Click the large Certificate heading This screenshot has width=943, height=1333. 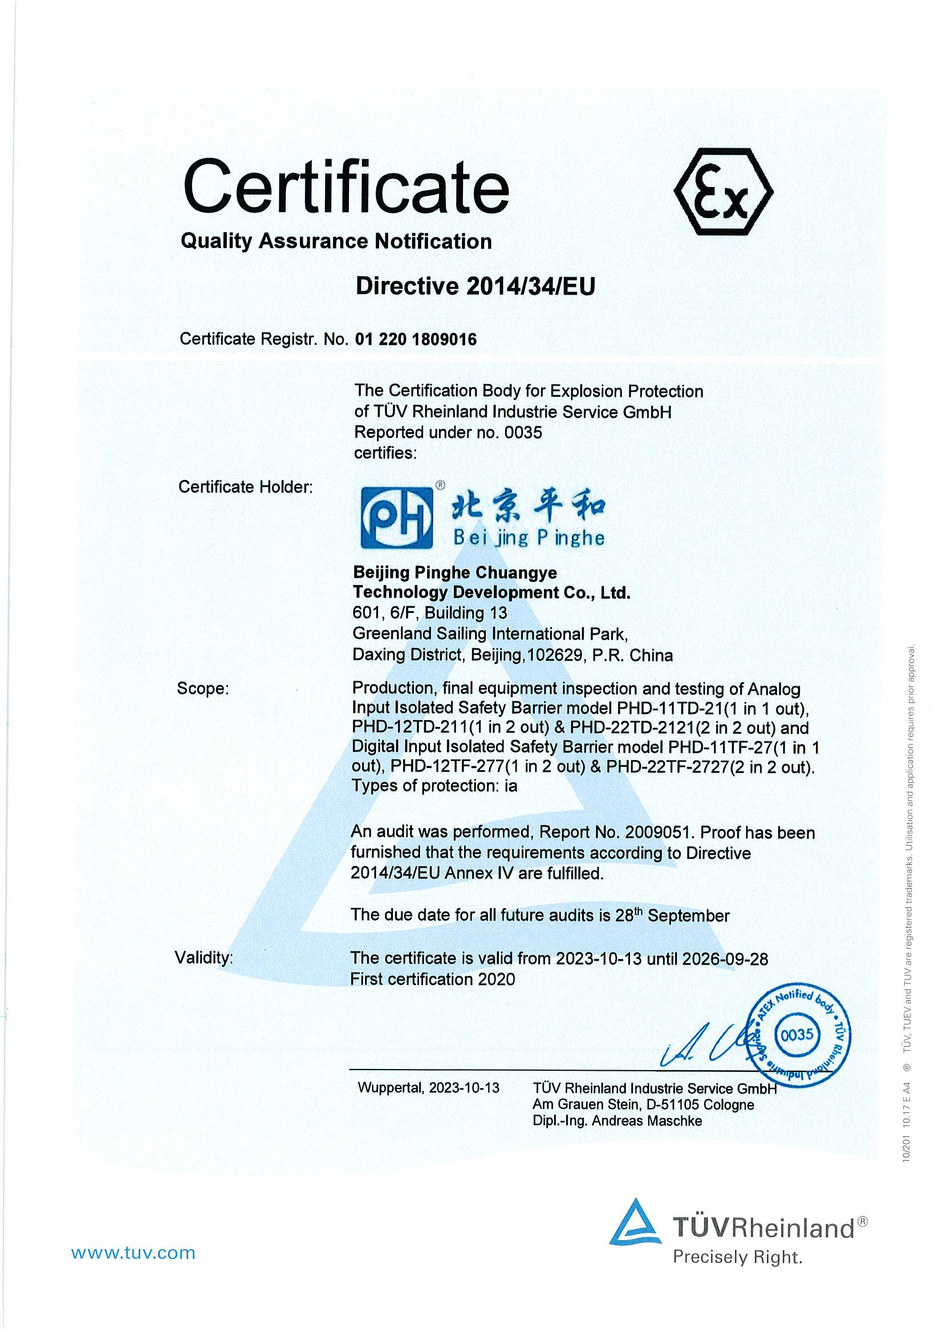click(346, 188)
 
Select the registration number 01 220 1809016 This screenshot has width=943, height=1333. click(416, 339)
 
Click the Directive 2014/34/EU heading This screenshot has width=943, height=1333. click(475, 286)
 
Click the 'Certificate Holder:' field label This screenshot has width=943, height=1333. click(245, 486)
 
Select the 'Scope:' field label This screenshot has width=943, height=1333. click(202, 689)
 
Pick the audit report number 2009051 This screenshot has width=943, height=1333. click(659, 832)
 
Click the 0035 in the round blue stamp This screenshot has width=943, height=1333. click(797, 1034)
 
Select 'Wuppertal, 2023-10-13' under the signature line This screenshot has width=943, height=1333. click(429, 1087)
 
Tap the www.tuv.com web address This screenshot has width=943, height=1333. click(133, 1252)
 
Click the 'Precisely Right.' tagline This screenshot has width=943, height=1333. click(737, 1258)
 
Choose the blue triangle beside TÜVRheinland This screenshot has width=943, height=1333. click(636, 1221)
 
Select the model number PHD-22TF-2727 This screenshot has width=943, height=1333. click(667, 767)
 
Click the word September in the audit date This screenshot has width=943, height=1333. click(688, 916)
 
